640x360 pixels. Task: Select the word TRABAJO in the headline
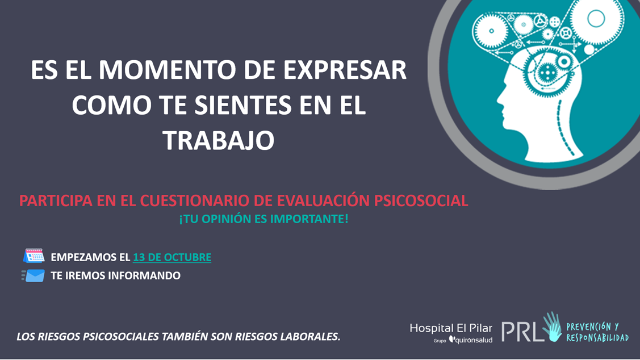coord(219,140)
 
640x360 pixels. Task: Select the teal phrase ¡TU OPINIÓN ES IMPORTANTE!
coord(263,219)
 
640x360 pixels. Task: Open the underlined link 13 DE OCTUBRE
coord(172,257)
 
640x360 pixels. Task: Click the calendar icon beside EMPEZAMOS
coord(34,256)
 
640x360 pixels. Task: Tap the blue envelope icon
coord(34,276)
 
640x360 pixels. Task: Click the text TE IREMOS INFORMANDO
coord(116,276)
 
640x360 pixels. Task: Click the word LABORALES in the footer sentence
coord(310,337)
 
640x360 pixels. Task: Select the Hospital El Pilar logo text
coord(451,328)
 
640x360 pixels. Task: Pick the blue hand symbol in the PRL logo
coord(551,327)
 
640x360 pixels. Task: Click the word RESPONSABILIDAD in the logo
coord(597,338)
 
